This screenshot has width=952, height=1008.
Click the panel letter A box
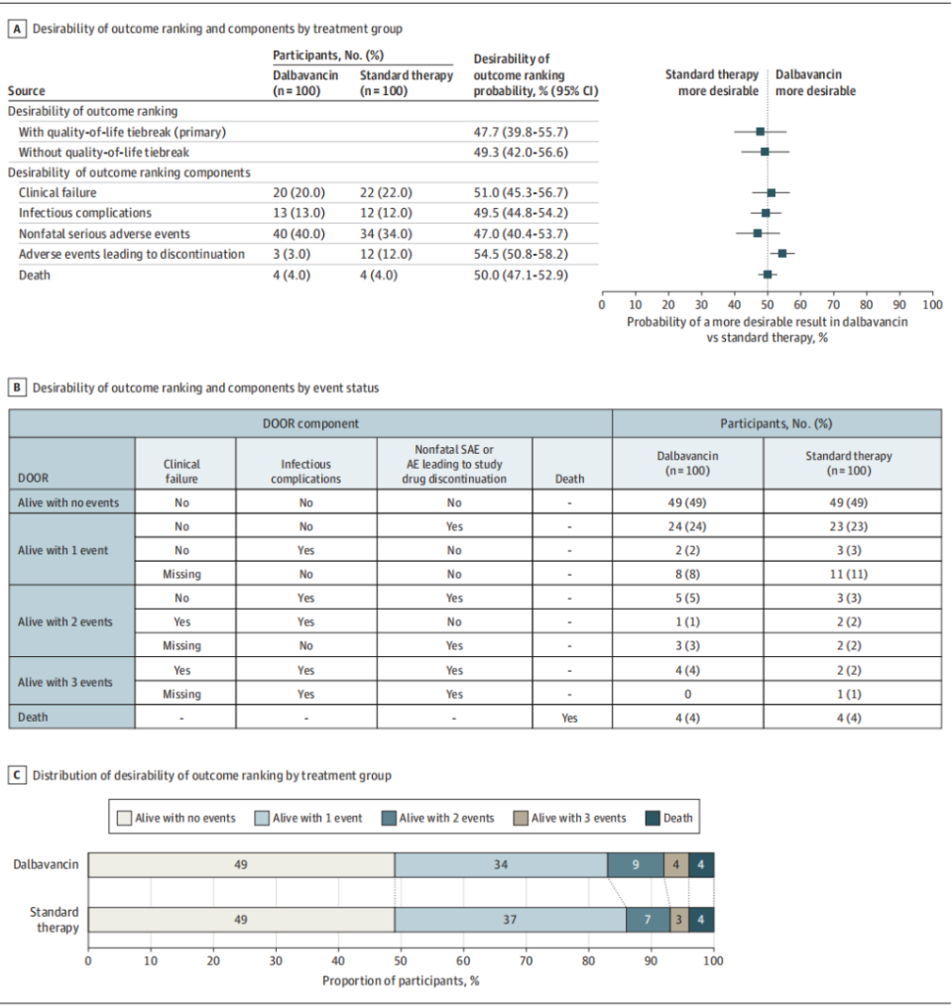(17, 29)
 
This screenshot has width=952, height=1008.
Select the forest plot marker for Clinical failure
(772, 192)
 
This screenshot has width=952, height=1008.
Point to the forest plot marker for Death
(768, 275)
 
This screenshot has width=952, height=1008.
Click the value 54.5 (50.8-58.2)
(522, 254)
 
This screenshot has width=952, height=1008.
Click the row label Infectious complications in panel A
(85, 213)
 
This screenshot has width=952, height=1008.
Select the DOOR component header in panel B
(310, 423)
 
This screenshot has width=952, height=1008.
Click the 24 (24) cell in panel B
(687, 527)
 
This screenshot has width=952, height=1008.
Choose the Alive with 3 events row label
(71, 682)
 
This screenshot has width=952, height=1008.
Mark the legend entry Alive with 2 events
(445, 818)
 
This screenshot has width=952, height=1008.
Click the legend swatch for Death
(654, 818)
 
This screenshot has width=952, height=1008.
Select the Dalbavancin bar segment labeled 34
(501, 864)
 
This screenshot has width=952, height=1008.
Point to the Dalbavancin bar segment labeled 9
(636, 864)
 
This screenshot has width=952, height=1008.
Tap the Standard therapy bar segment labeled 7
(648, 920)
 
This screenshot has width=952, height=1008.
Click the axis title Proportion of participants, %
(401, 981)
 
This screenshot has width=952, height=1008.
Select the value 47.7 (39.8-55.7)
(522, 131)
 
